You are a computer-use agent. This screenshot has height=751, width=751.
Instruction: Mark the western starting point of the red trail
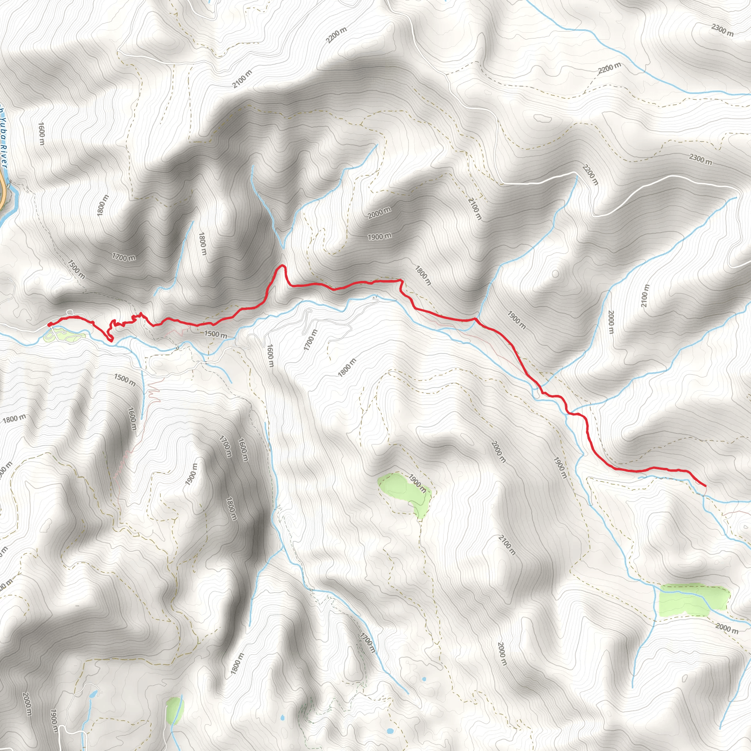(x=49, y=324)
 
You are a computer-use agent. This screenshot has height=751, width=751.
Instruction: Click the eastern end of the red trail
(x=705, y=486)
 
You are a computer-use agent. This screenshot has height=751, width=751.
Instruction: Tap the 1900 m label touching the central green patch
(x=417, y=483)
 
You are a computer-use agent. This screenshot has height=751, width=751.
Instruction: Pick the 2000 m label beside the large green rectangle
(x=726, y=628)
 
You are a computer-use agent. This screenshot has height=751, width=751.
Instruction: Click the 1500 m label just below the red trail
(x=216, y=334)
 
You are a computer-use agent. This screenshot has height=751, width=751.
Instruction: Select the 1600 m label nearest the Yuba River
(x=41, y=134)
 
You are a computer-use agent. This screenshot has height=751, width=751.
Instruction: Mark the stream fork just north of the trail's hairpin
(x=283, y=247)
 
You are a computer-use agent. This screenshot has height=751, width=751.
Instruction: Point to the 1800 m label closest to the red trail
(x=422, y=275)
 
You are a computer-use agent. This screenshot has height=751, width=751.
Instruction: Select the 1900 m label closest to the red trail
(x=516, y=320)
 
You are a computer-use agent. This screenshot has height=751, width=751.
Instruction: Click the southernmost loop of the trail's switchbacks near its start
(x=111, y=340)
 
